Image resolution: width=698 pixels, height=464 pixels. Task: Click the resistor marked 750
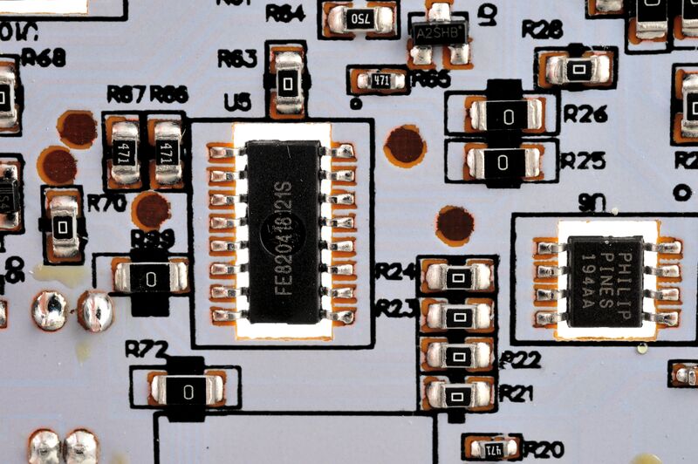coord(359,18)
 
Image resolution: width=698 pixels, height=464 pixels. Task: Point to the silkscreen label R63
coord(236,58)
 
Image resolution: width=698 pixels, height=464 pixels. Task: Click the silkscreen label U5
coord(237,103)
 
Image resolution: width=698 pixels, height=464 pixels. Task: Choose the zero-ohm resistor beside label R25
coord(503,161)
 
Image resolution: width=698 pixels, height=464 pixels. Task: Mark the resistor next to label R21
coord(457,395)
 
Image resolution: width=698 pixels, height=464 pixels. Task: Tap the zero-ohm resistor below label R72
coord(188,391)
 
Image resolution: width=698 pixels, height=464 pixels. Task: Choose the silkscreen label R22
coord(521,359)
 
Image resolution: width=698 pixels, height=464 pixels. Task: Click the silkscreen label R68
coord(47,59)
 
